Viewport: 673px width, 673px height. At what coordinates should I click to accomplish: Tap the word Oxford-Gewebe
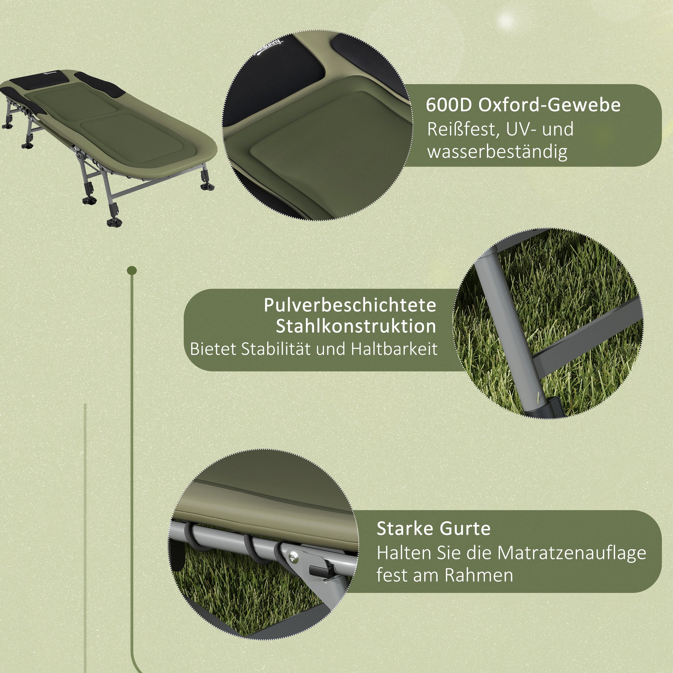(550, 105)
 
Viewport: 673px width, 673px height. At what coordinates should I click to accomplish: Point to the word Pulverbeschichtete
(350, 306)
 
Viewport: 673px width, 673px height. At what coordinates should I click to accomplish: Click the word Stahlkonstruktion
(356, 327)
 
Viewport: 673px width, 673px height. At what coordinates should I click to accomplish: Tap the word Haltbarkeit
(394, 349)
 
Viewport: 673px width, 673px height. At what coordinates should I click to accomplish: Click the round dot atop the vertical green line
(132, 270)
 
